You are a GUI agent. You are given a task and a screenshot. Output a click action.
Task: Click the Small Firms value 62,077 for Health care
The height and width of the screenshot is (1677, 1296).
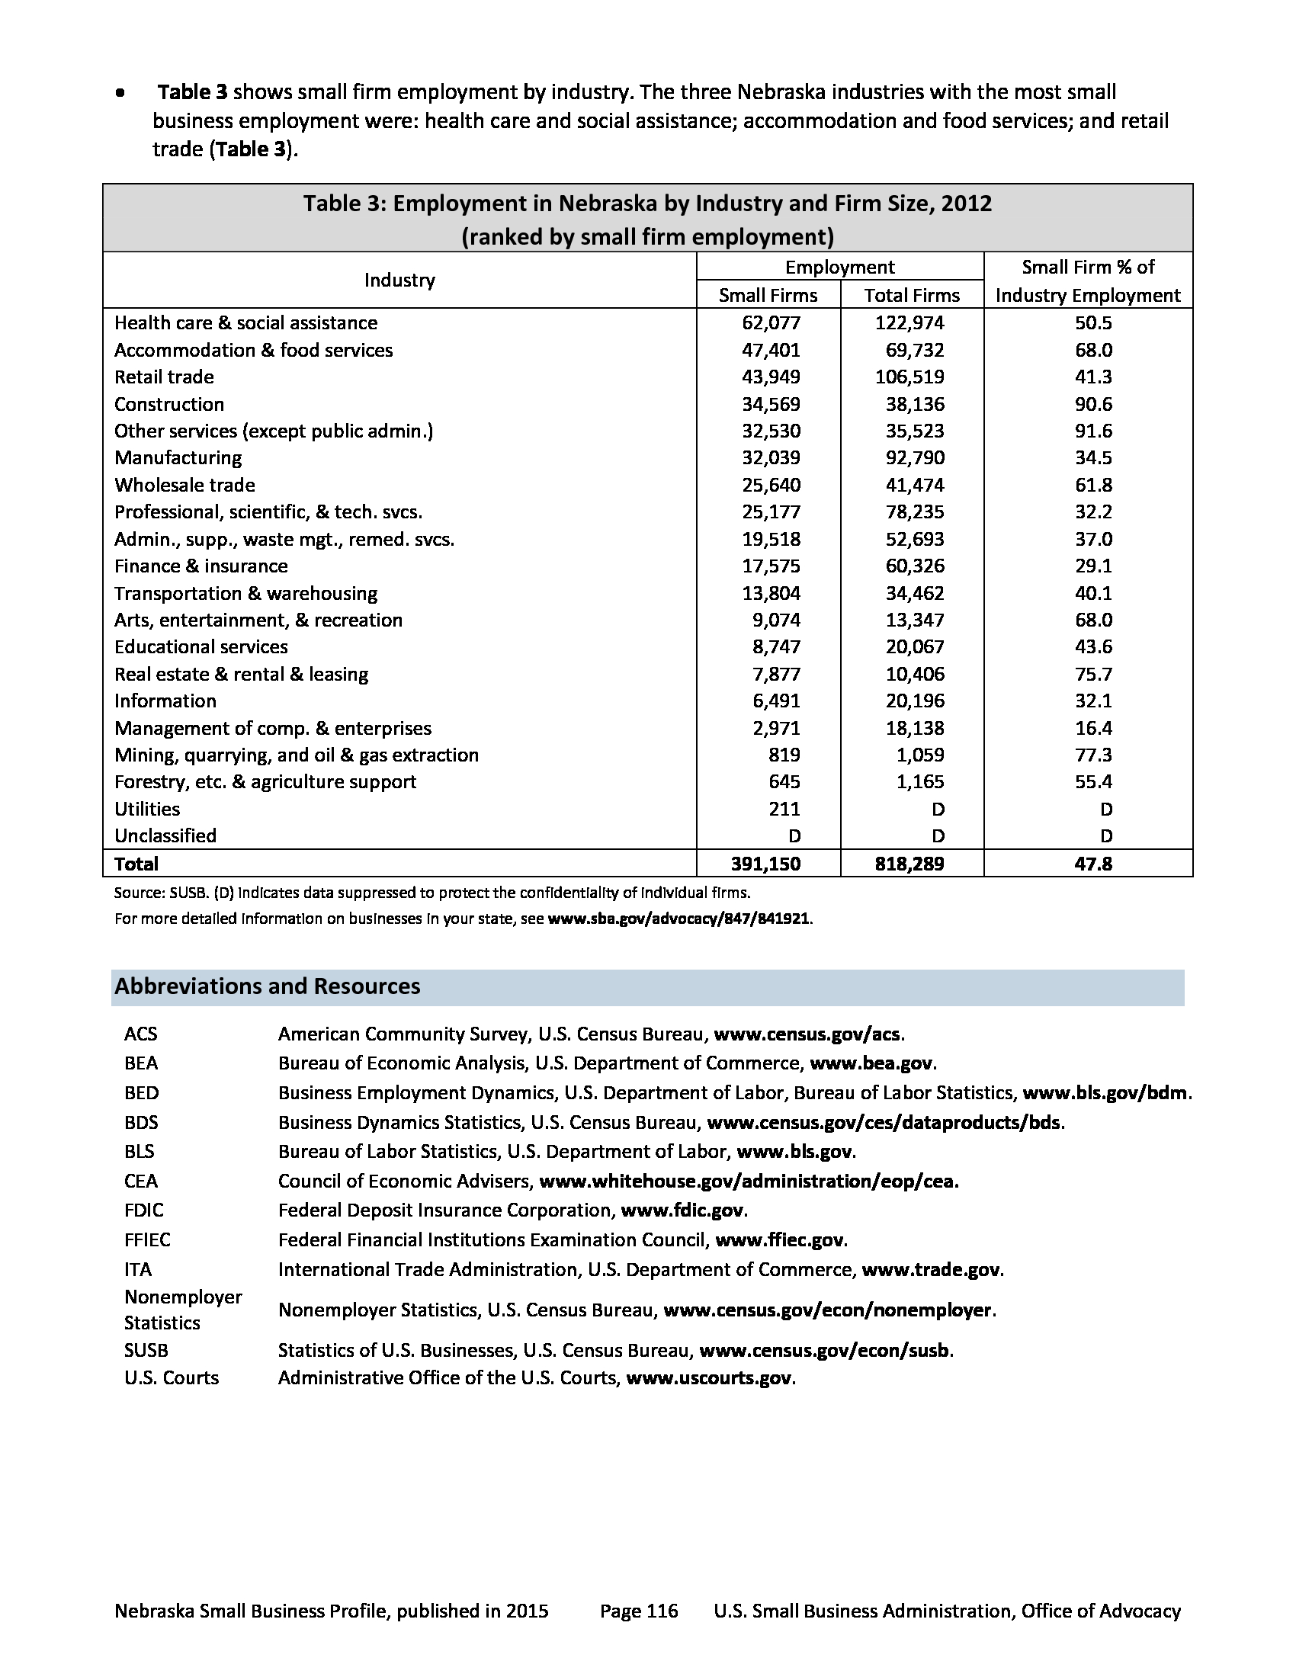[770, 323]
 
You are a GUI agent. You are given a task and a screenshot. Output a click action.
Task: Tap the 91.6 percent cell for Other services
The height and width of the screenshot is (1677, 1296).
[1093, 431]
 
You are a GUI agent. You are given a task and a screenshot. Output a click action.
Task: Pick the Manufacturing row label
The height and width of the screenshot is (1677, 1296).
[178, 458]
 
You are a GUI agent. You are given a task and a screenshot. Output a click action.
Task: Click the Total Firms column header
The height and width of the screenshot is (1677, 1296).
[911, 296]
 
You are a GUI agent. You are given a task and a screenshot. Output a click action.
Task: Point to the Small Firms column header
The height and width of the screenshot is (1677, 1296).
[768, 296]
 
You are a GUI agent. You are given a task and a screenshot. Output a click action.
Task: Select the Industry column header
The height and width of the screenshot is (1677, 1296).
[399, 281]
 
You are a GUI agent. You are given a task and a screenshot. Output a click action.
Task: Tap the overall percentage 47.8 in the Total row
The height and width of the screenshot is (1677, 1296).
[1093, 864]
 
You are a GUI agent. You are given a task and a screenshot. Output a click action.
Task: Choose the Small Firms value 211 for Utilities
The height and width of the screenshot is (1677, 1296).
[784, 810]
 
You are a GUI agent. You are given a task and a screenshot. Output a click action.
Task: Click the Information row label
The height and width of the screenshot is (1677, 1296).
[165, 701]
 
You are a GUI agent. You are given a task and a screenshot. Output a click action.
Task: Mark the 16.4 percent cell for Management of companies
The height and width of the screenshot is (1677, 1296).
[1093, 728]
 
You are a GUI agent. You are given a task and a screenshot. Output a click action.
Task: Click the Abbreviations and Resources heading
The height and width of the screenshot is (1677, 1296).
[267, 986]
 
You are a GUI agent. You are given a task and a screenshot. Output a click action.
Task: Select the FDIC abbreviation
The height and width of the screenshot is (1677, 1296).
[143, 1211]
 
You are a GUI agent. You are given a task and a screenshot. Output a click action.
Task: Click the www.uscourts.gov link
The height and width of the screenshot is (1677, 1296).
[709, 1378]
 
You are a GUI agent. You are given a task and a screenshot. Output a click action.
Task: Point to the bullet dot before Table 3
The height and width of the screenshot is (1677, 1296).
[120, 94]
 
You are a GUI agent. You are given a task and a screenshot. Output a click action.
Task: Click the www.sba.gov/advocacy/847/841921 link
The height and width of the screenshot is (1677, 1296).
[678, 919]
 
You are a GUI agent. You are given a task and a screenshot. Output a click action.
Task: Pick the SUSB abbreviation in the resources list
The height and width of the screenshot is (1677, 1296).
[146, 1351]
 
